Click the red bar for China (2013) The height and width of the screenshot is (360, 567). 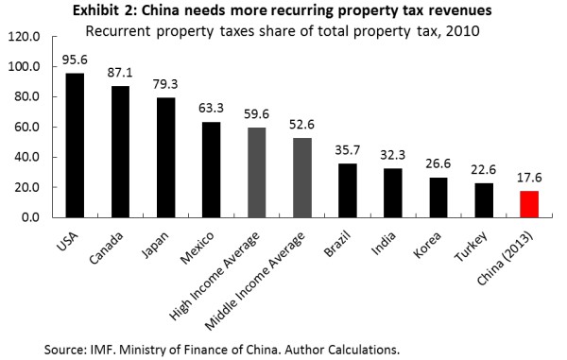[x=529, y=204]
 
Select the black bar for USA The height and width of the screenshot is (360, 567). [x=75, y=146]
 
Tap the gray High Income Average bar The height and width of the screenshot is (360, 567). [x=257, y=172]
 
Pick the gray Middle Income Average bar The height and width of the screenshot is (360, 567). [x=302, y=178]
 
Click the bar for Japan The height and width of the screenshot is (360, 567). [x=166, y=158]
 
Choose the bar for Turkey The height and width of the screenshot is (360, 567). [x=484, y=200]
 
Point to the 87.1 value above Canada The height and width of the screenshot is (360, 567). [x=120, y=73]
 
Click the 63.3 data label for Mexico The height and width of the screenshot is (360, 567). [x=211, y=108]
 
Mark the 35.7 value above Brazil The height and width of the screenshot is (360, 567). [x=348, y=150]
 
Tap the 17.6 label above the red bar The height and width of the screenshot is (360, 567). [x=529, y=178]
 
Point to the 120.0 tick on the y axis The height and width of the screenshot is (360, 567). [x=25, y=37]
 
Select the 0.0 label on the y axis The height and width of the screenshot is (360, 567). [x=31, y=217]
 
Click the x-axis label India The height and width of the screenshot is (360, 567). [x=384, y=244]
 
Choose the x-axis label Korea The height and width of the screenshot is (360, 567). [x=427, y=245]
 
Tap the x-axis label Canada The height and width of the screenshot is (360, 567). [x=106, y=248]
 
